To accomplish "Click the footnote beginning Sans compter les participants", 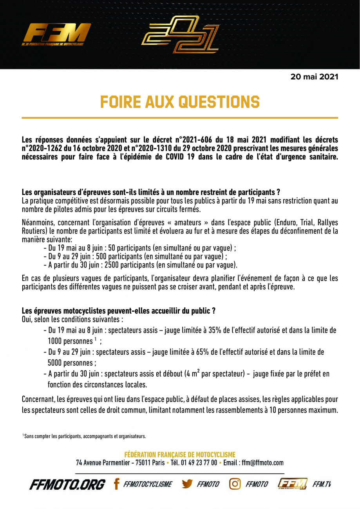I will pyautogui.click(x=84, y=435).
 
